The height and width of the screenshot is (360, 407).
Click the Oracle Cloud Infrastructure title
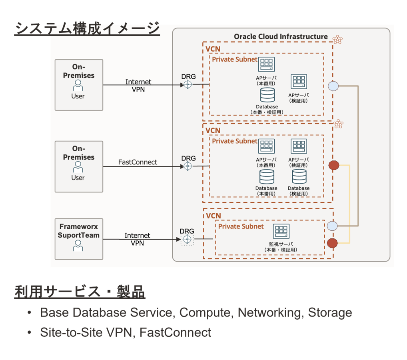coord(281,37)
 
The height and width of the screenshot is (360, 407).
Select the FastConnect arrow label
coord(138,162)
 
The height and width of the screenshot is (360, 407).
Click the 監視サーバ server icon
coord(281,231)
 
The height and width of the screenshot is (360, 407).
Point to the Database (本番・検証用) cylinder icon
coord(267,95)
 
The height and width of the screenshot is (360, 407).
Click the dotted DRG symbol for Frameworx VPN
coord(187,240)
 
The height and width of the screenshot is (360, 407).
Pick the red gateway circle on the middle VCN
coord(333,165)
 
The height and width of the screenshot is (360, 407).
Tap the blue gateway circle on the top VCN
coord(333,85)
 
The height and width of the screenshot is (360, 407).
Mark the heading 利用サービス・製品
coord(80,292)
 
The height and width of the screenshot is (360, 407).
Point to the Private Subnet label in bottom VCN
coord(241,226)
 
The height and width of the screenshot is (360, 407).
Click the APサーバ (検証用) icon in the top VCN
coord(298,82)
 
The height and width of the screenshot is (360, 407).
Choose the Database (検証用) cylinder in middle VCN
coord(299,176)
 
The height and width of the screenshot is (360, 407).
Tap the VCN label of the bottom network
coord(213,216)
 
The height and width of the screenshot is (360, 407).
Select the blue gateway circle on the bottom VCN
coord(333,226)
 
